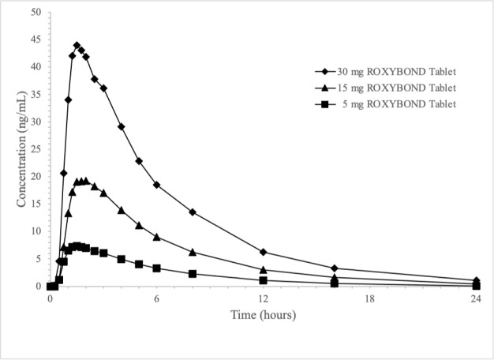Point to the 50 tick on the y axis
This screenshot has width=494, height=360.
click(36, 13)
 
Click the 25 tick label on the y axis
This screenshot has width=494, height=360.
click(36, 149)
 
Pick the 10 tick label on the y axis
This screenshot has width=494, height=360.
click(36, 231)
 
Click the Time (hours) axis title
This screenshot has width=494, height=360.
click(263, 315)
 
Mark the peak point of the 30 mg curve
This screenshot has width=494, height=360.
click(77, 45)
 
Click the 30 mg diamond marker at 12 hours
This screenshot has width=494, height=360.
click(263, 252)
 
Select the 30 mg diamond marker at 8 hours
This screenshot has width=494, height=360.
click(193, 212)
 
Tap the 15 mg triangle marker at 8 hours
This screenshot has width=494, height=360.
click(193, 252)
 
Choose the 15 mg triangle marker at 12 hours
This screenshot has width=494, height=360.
click(263, 270)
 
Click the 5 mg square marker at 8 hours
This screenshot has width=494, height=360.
click(193, 274)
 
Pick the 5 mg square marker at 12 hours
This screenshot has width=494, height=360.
click(263, 280)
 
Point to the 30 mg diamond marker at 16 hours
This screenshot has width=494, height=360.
click(335, 268)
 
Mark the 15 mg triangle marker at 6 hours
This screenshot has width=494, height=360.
click(157, 237)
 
